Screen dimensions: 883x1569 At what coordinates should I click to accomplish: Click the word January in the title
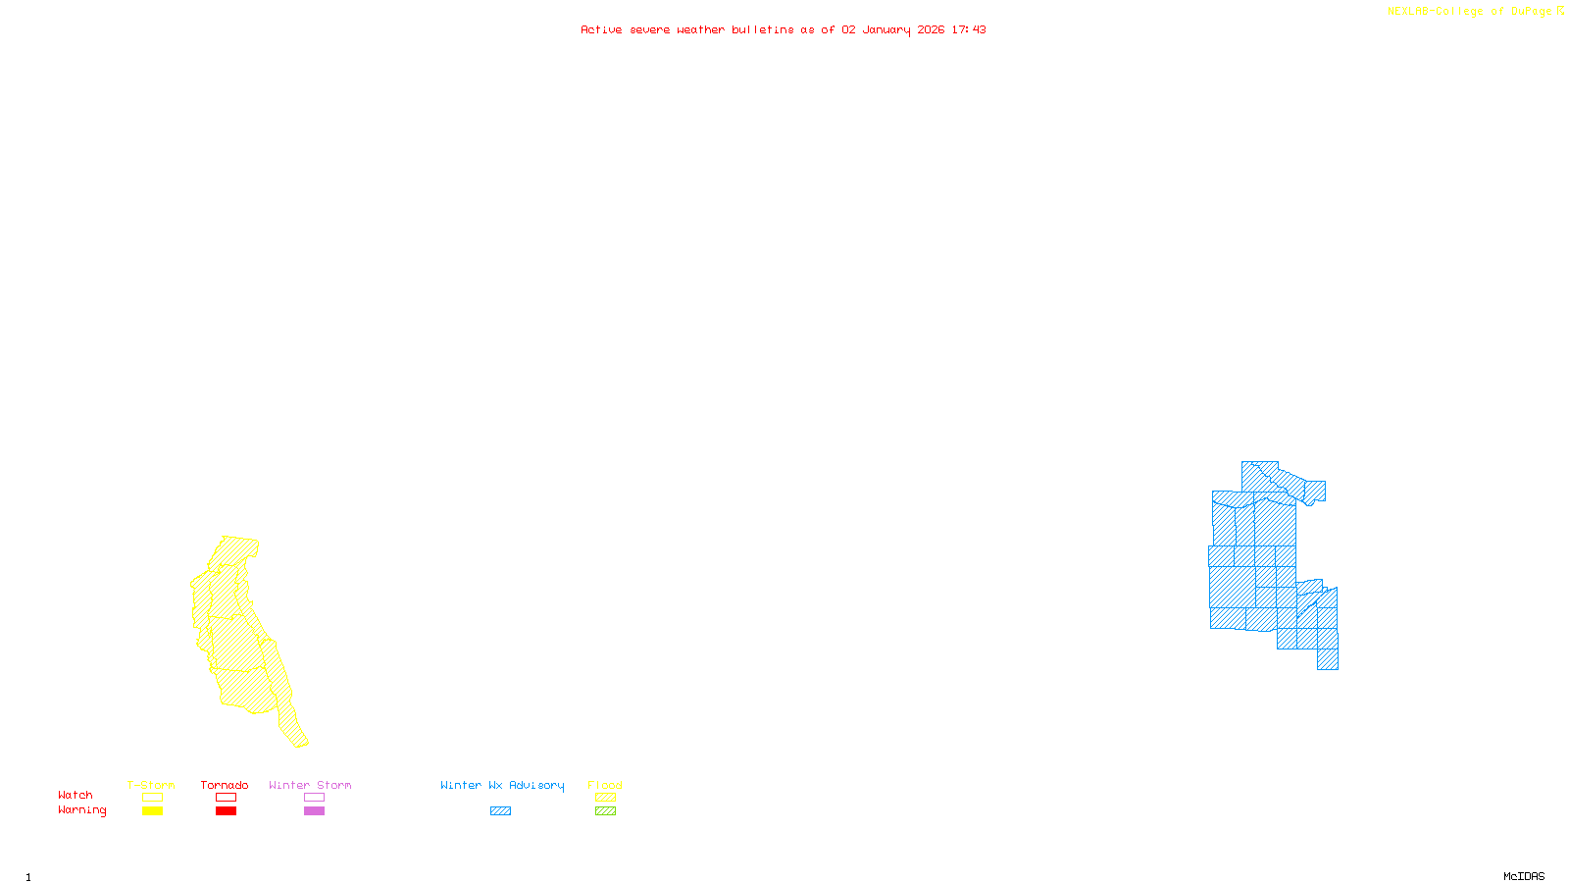coord(886,30)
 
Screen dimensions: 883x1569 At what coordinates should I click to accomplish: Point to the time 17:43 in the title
coord(969,30)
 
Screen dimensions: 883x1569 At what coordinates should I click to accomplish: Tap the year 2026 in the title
coord(931,30)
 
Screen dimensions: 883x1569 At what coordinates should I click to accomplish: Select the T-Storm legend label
coord(151,785)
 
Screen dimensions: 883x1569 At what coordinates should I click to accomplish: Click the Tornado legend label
coord(225,785)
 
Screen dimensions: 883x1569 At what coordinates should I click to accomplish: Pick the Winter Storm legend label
coord(310,785)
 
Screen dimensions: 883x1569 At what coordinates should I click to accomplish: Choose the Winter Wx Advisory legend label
coord(502,785)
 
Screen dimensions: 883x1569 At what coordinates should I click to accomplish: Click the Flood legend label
coord(605,785)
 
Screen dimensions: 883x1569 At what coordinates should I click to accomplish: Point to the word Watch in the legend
coord(76,796)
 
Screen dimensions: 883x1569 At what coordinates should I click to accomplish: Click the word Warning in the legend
coord(82,810)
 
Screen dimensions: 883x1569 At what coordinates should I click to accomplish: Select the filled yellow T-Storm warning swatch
coord(152,811)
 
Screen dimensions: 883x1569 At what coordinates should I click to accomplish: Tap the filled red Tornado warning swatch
coord(227,811)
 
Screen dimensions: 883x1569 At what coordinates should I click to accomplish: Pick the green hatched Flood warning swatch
coord(606,811)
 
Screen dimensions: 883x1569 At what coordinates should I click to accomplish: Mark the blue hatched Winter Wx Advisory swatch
coord(501,811)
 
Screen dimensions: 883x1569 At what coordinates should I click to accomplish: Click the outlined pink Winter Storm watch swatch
coord(315,798)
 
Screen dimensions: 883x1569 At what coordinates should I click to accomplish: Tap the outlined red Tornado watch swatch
coord(227,798)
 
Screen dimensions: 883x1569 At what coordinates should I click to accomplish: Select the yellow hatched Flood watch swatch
coord(606,798)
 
